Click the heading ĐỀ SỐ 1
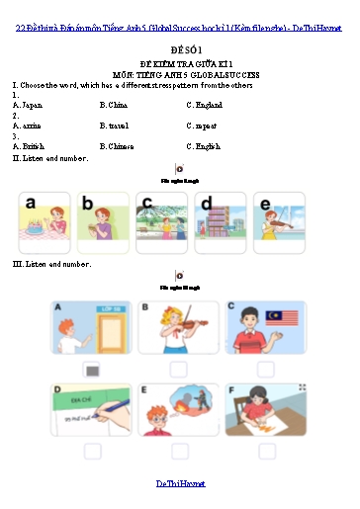179,48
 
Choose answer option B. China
114,104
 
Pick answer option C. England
204,104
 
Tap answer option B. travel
116,126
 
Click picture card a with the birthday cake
44,222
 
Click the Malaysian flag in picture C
278,316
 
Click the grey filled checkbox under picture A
92,371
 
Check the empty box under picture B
178,370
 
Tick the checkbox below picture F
264,452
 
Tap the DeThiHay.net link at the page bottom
179,482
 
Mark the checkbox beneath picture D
92,452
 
